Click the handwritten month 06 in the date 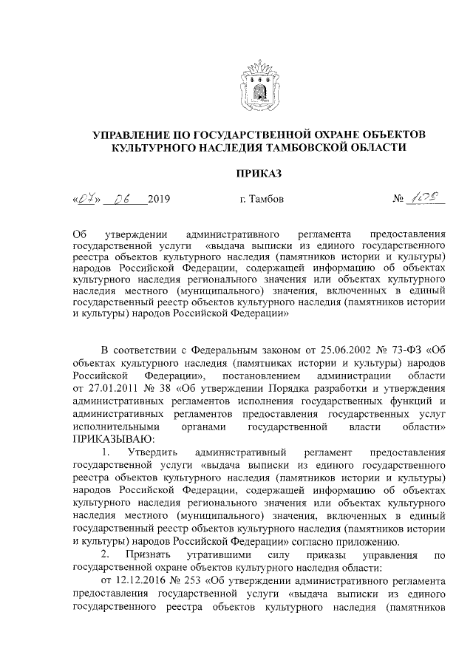point(121,198)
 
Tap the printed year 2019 point(159,199)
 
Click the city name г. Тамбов point(261,199)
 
